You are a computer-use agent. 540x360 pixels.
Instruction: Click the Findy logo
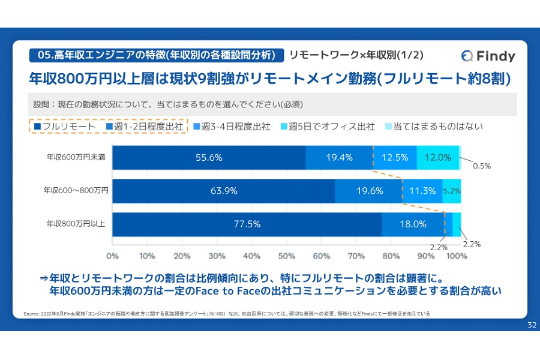pyautogui.click(x=488, y=56)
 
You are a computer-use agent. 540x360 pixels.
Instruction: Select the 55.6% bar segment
pyautogui.click(x=209, y=158)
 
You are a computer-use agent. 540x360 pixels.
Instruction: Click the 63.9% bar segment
pyautogui.click(x=223, y=191)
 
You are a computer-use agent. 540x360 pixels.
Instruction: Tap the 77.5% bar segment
pyautogui.click(x=247, y=224)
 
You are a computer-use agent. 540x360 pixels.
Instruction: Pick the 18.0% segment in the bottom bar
pyautogui.click(x=413, y=224)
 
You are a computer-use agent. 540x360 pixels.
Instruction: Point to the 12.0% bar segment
pyautogui.click(x=437, y=158)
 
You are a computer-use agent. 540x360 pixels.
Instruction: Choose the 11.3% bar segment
pyautogui.click(x=422, y=191)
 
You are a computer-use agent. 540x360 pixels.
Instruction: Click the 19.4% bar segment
pyautogui.click(x=339, y=158)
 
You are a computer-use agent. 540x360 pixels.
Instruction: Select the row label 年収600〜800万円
pyautogui.click(x=76, y=191)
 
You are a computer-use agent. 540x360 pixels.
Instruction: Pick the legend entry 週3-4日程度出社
pyautogui.click(x=232, y=127)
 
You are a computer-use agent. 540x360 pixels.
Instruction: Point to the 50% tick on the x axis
pyautogui.click(x=286, y=256)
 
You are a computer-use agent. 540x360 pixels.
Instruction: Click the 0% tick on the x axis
pyautogui.click(x=112, y=256)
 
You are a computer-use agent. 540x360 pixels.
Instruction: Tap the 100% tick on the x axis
pyautogui.click(x=457, y=256)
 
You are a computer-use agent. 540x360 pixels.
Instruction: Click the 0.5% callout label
pyautogui.click(x=482, y=166)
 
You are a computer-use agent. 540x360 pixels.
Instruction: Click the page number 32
pyautogui.click(x=531, y=325)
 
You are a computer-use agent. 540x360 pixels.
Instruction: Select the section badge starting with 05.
pyautogui.click(x=156, y=55)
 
